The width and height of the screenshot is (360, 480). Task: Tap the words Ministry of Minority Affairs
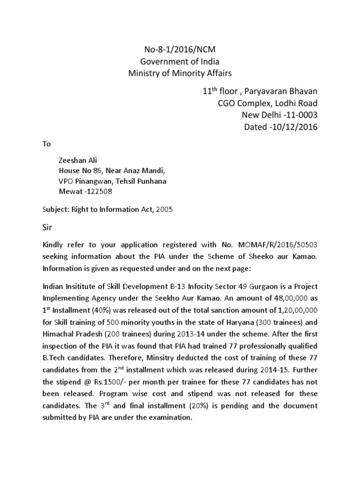click(x=180, y=73)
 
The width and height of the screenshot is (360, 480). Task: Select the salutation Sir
click(x=48, y=228)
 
